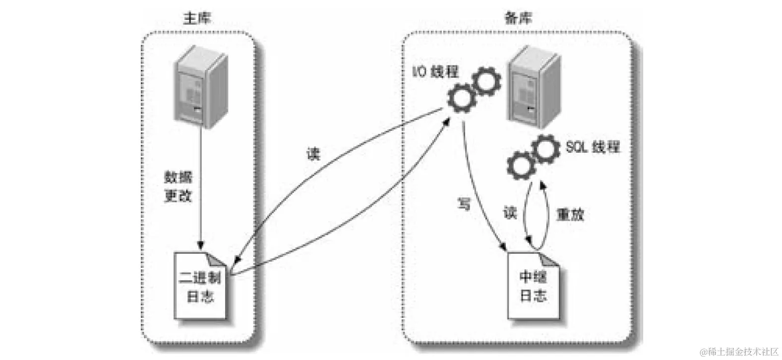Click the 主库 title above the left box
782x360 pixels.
(197, 18)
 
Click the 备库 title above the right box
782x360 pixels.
(518, 18)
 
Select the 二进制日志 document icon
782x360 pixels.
(200, 287)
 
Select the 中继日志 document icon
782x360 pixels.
(534, 286)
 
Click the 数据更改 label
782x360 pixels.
(178, 186)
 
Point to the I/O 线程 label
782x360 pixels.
(436, 72)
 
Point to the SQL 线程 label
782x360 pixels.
(593, 147)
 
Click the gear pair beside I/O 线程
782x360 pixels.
(474, 91)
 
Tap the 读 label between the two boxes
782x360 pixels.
(312, 154)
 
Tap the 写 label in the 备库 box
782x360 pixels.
(464, 204)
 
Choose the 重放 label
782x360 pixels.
(570, 214)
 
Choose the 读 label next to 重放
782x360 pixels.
(510, 212)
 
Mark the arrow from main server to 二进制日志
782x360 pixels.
(200, 188)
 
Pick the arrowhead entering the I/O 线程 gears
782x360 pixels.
(446, 120)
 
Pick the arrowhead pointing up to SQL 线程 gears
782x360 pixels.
(543, 185)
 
